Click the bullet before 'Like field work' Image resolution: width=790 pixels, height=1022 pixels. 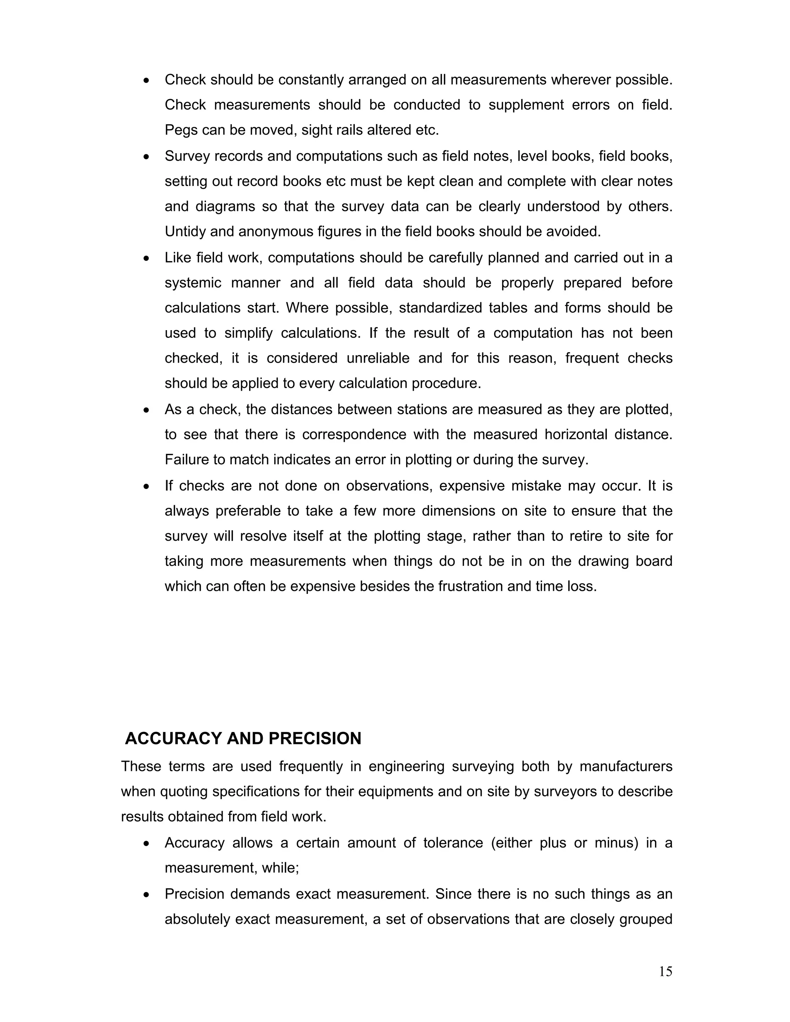point(147,258)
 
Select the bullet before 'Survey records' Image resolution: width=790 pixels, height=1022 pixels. point(147,157)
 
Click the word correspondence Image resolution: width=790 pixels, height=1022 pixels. point(354,435)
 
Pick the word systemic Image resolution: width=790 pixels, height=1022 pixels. point(193,283)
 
